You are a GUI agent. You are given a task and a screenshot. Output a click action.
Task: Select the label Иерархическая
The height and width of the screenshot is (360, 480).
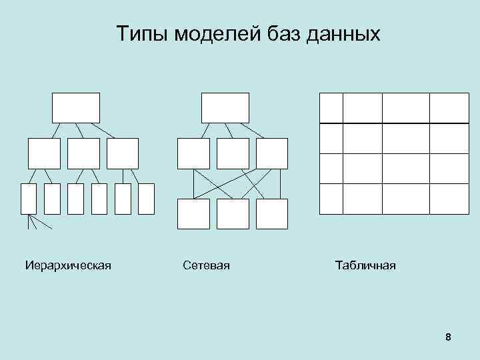68,266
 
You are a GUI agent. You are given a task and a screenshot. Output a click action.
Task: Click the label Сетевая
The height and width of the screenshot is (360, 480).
206,266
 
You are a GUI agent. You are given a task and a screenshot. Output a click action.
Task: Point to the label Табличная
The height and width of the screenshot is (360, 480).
365,266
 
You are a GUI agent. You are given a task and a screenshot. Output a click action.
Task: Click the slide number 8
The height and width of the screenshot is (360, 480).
448,337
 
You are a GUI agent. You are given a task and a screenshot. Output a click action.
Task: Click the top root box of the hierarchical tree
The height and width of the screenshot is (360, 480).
76,107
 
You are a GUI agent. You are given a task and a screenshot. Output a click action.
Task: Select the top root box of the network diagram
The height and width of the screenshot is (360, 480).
225,107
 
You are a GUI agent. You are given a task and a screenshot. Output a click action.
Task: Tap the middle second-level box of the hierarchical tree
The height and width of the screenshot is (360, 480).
83,153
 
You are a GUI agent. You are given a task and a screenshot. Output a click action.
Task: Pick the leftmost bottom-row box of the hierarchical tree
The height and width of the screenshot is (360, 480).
29,199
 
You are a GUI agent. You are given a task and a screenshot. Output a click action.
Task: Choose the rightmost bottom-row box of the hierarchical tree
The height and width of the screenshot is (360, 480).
146,199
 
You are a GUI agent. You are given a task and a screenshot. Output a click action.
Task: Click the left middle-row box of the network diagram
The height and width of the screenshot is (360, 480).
193,153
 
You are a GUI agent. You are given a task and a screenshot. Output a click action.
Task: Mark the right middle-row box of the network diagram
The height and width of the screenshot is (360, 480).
272,153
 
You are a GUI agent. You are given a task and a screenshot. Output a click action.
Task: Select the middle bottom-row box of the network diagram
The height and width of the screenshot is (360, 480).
233,213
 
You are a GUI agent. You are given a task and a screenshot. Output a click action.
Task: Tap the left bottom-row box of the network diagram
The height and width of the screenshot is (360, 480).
193,213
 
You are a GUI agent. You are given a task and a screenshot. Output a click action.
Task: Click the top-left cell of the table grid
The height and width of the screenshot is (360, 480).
331,108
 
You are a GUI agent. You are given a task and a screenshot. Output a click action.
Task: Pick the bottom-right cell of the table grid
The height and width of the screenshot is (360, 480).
449,199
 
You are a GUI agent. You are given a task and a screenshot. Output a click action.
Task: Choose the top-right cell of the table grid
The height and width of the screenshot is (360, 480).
449,108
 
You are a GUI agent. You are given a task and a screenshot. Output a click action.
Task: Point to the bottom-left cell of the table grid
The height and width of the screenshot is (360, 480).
331,199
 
